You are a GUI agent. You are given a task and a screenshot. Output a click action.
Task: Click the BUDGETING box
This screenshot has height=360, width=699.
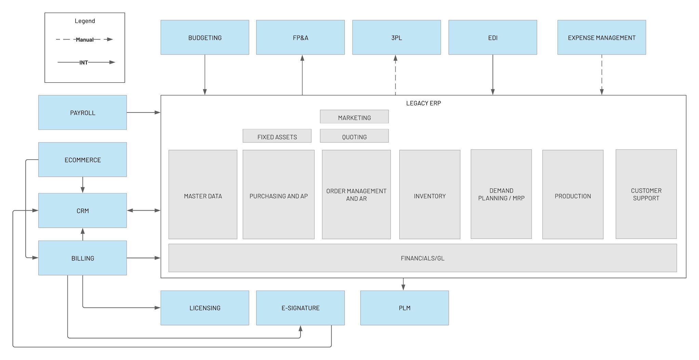point(205,38)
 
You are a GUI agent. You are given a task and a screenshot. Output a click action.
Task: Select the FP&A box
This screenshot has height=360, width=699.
point(300,38)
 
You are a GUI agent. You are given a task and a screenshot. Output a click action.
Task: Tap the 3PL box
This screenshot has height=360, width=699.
point(396,38)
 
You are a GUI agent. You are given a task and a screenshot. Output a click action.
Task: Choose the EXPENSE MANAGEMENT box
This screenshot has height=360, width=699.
point(601,38)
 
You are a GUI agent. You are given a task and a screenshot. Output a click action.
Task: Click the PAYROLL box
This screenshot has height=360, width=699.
point(82,112)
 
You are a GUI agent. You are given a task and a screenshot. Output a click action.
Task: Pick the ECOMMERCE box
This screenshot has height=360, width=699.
point(82,160)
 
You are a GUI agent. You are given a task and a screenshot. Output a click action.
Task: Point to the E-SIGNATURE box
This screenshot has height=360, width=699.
point(300,308)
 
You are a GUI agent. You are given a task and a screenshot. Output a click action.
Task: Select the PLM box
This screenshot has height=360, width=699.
point(404,308)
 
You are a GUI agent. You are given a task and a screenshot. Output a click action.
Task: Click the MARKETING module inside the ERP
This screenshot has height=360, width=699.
point(354,117)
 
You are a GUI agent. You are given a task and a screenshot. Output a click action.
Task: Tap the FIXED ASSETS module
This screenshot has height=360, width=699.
point(277,136)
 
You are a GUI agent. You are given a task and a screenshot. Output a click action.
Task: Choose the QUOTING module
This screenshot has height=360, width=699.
point(354,136)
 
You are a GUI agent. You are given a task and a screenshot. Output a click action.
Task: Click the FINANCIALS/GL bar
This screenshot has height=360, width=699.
point(422,258)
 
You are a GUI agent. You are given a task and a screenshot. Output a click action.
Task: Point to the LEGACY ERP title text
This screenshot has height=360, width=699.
point(423,103)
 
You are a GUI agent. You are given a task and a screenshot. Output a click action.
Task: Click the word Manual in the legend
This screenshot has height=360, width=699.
point(84,40)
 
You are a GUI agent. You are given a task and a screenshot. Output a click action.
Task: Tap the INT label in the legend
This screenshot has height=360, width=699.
point(84,63)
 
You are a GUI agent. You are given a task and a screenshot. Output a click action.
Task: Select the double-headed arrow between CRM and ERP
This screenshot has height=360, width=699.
point(144,211)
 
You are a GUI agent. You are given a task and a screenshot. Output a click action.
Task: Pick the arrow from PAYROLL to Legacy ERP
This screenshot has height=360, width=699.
point(144,112)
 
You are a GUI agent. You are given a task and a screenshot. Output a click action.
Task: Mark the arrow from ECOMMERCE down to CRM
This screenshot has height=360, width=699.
point(82,185)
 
